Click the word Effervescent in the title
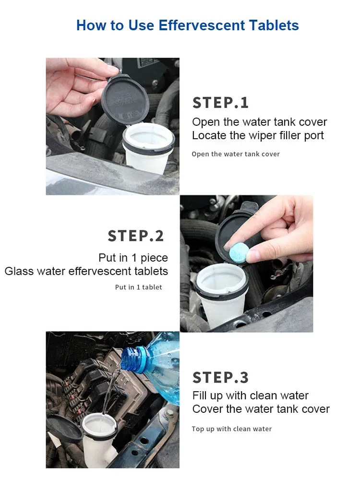[202, 25]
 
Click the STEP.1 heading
[220, 103]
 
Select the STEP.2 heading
[136, 236]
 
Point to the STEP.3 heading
[220, 377]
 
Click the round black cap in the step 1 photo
[125, 99]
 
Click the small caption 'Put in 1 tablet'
[138, 287]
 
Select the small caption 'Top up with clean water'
[232, 429]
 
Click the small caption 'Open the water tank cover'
[236, 154]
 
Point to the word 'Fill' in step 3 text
[200, 396]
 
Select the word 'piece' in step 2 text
[154, 258]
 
